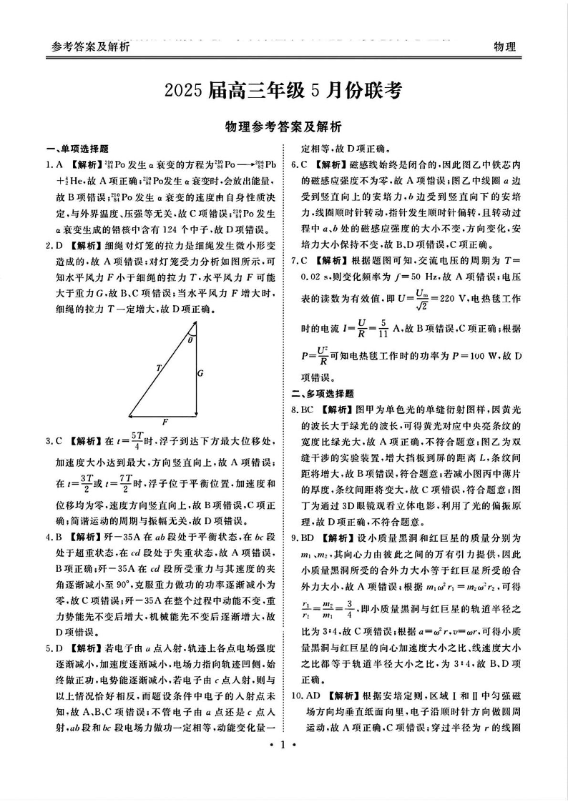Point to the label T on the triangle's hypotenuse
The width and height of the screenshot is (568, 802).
pyautogui.click(x=158, y=368)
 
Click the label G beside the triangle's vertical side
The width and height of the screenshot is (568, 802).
pyautogui.click(x=200, y=372)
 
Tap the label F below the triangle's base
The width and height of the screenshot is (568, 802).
pyautogui.click(x=165, y=421)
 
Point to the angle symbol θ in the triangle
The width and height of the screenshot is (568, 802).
pyautogui.click(x=190, y=340)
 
